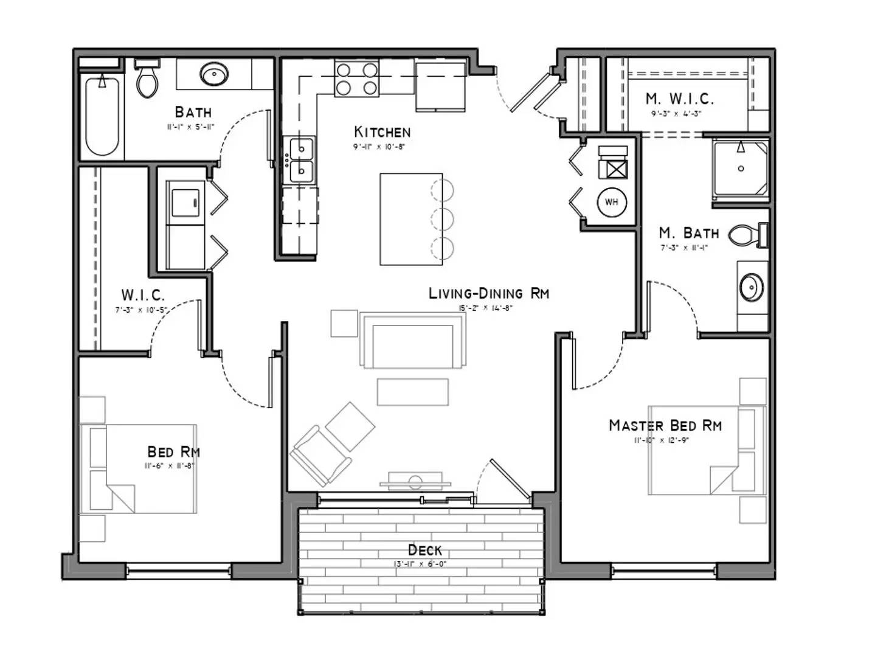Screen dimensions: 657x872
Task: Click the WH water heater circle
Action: [611, 202]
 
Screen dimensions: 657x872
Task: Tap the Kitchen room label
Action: [382, 132]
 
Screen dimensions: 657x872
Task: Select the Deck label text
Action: [424, 550]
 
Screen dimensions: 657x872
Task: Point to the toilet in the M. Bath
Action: [747, 235]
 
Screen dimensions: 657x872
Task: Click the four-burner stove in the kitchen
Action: [357, 79]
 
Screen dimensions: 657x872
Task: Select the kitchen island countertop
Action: [410, 219]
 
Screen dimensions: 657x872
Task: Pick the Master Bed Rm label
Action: [665, 425]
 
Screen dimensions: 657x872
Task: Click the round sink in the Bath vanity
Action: [214, 75]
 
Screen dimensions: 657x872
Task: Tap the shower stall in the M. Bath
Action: [741, 168]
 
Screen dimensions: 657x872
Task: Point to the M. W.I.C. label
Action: [679, 99]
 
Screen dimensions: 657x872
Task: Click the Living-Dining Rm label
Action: [488, 293]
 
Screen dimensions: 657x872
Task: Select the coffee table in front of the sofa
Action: [412, 392]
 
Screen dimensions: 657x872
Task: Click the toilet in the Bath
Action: [147, 79]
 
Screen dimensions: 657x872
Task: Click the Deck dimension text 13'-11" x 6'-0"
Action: [420, 564]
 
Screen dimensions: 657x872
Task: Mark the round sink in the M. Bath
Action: [752, 287]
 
